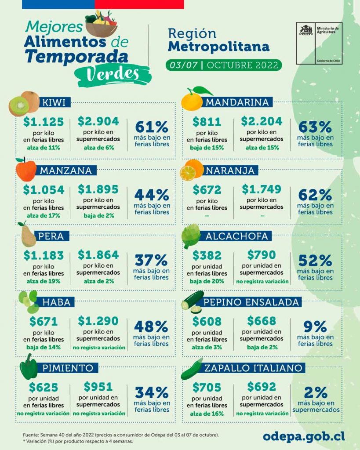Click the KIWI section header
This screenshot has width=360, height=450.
point(54,103)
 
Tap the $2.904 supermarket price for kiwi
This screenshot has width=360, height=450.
point(98,122)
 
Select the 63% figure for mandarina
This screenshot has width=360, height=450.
point(315,127)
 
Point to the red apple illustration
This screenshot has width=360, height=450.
point(26,170)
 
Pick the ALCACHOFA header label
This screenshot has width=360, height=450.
point(236,236)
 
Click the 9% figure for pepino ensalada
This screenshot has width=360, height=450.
point(315,327)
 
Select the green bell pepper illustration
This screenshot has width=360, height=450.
point(29,368)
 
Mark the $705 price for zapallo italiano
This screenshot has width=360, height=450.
point(207,387)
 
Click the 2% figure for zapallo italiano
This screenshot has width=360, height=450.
point(315,392)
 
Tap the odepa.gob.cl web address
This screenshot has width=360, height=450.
point(303,435)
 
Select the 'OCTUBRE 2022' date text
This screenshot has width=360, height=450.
point(242,65)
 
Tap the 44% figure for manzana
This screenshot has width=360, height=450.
point(152,195)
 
